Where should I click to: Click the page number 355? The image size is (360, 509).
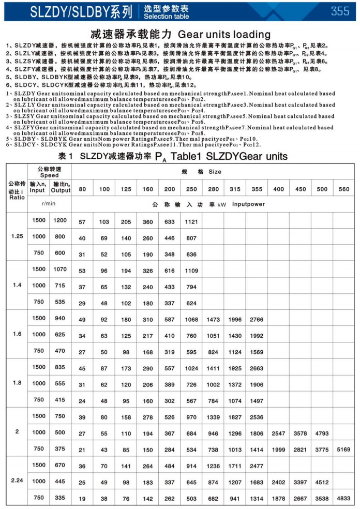pos(340,11)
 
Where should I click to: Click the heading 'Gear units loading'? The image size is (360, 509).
pos(224,35)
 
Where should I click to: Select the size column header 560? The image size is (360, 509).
pos(343,189)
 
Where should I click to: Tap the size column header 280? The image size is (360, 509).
pos(213,189)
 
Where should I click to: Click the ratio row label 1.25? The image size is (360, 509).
pos(17,236)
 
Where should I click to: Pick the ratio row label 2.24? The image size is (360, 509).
pos(17,481)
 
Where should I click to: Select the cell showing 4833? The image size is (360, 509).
pos(343,498)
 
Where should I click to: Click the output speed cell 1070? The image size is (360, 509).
pos(60,270)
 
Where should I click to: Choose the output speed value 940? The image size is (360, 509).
pos(60,319)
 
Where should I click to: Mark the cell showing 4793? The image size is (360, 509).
pos(322,432)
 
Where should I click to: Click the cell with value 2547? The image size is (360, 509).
pos(278,432)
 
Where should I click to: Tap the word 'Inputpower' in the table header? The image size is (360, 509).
pos(248,204)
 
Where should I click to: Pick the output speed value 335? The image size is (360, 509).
pos(60,498)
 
